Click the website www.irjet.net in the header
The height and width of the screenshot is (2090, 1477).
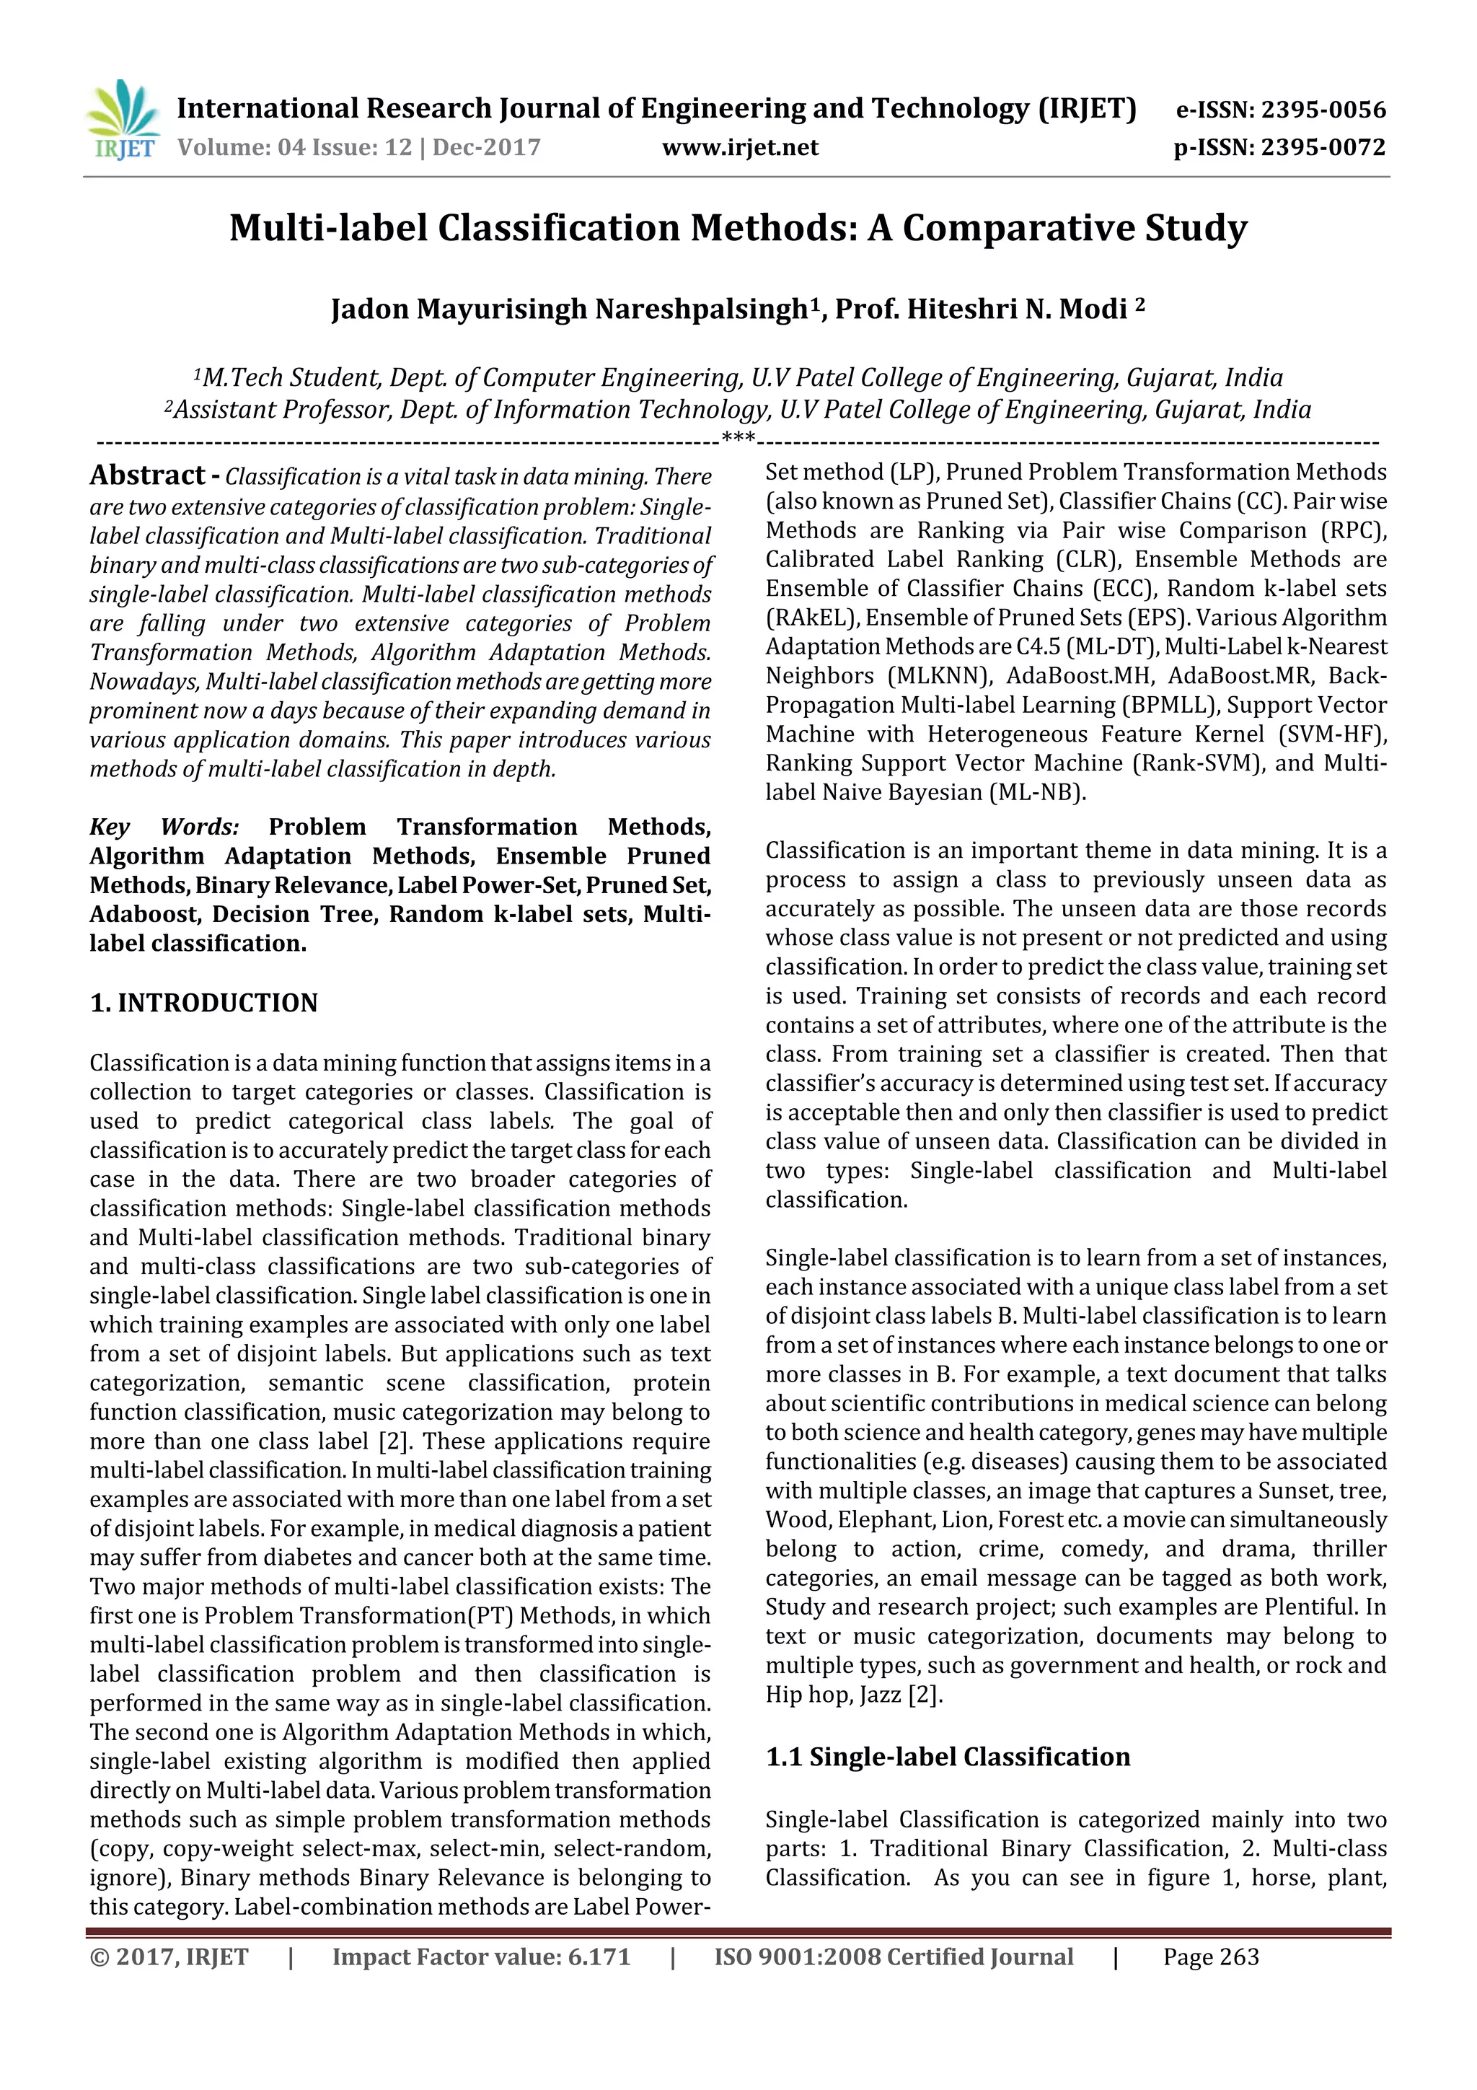click(x=740, y=147)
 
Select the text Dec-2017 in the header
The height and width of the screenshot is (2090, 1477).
click(x=487, y=147)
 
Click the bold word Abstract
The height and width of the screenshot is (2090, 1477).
click(x=147, y=475)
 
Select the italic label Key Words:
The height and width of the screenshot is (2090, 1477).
click(x=164, y=827)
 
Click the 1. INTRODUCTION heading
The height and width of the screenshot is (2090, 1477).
click(x=204, y=1003)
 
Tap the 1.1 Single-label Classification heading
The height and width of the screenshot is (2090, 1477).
click(x=948, y=1757)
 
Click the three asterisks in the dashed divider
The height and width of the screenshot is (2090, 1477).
click(x=738, y=439)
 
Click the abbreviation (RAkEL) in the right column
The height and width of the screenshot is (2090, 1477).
click(x=812, y=618)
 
